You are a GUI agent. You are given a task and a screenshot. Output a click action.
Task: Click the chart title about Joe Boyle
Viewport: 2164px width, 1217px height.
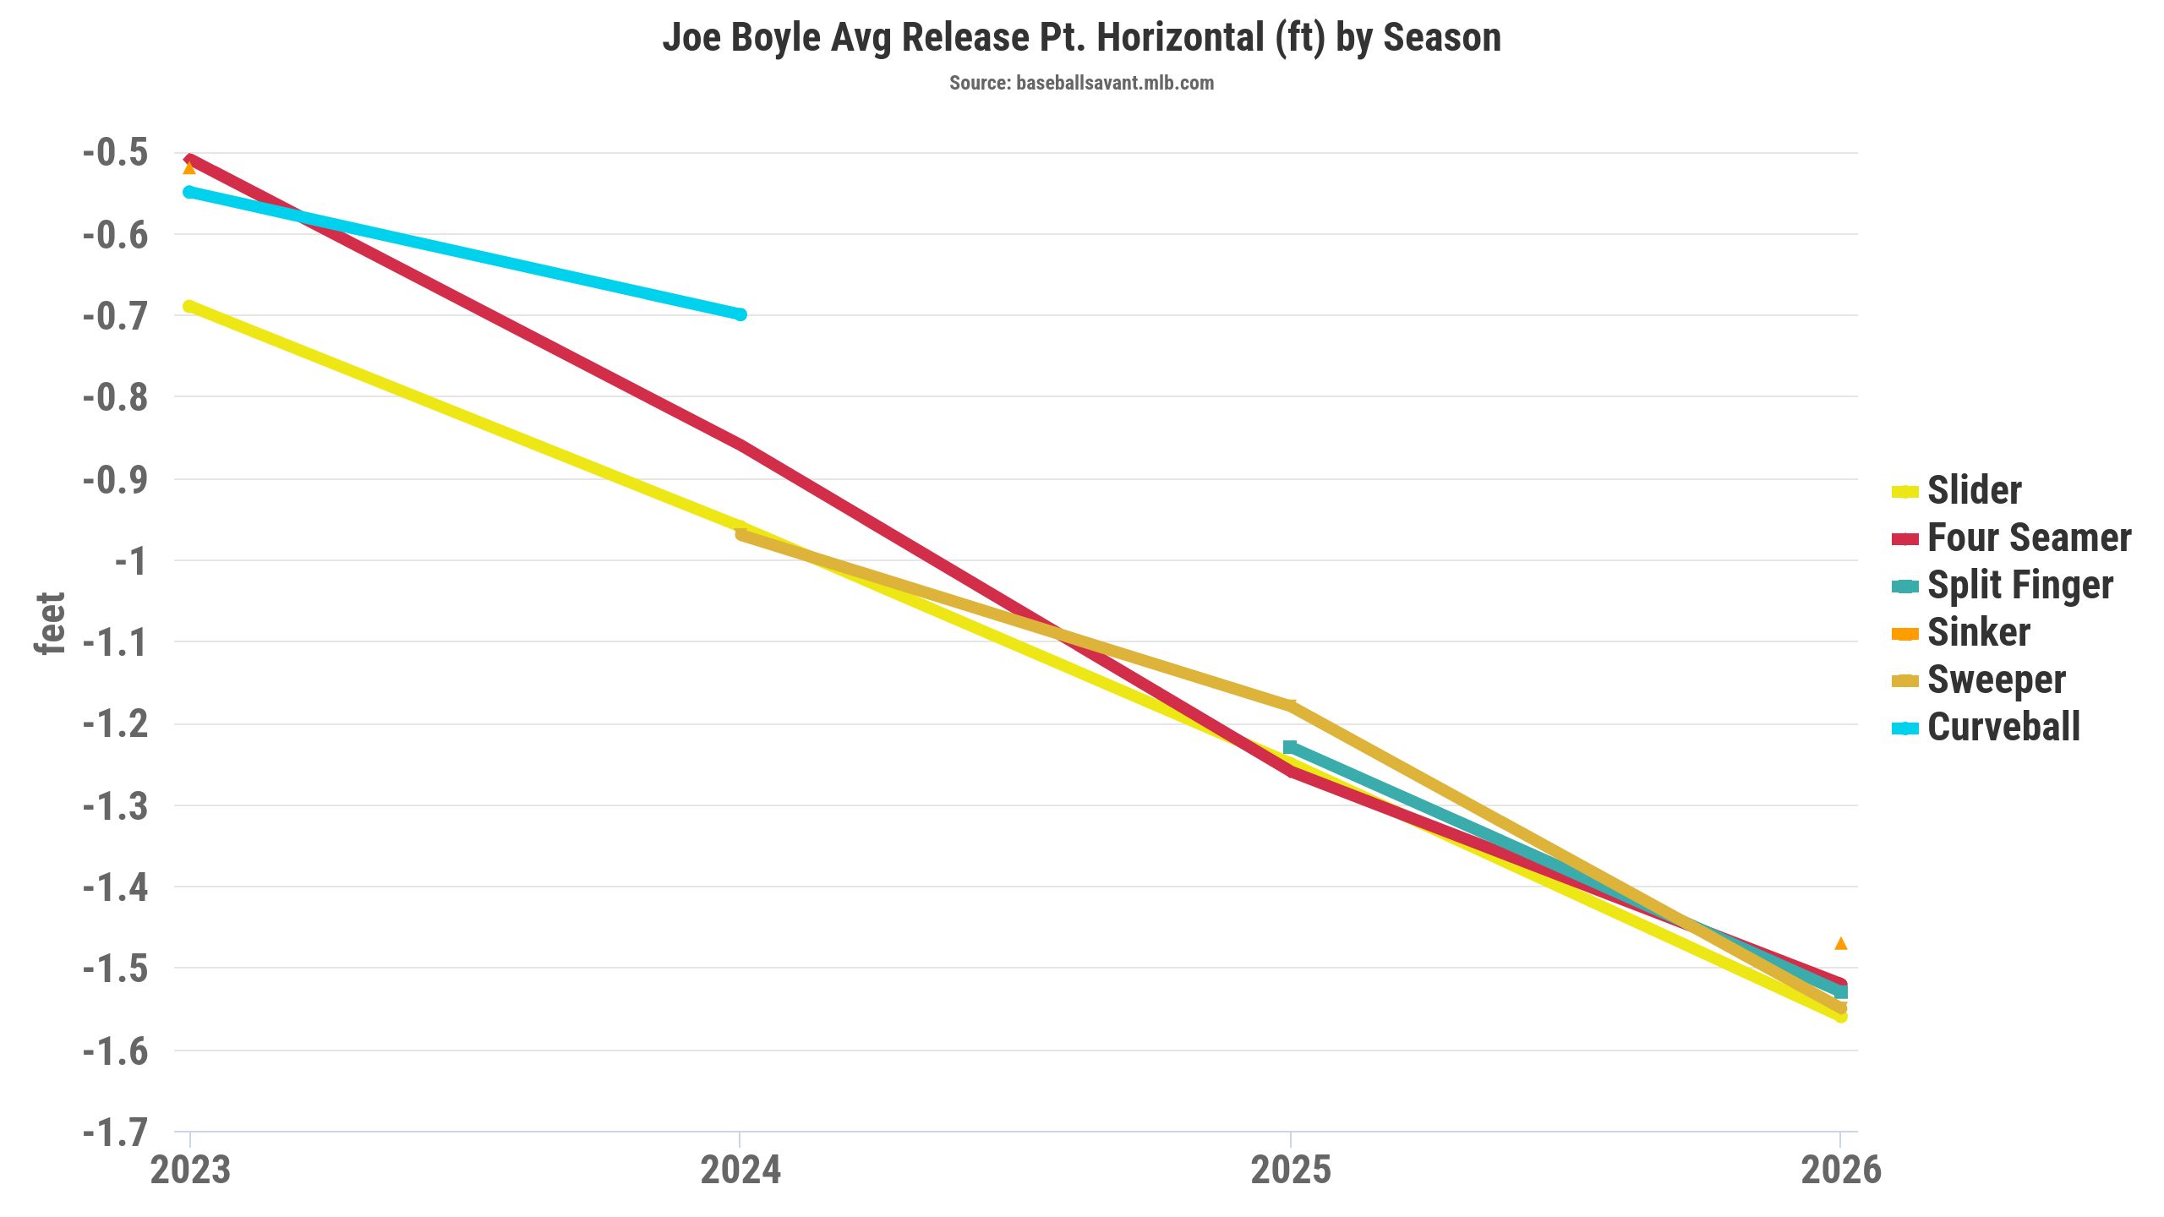pos(1081,38)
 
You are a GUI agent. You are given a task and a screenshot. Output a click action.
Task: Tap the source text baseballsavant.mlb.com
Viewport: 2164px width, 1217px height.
pos(1081,83)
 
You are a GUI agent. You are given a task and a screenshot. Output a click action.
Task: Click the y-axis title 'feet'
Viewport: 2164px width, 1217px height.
pos(50,624)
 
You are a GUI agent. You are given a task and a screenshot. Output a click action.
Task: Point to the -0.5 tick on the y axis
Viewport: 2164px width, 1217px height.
pos(116,153)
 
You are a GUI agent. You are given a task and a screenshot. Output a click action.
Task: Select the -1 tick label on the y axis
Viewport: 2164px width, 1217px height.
pos(130,561)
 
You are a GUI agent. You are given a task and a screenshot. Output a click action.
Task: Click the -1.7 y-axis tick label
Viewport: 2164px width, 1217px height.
pos(116,1132)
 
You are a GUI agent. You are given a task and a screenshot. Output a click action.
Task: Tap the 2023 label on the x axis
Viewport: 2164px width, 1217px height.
pos(190,1171)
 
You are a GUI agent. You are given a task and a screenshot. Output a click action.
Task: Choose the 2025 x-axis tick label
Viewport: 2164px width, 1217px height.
pos(1291,1171)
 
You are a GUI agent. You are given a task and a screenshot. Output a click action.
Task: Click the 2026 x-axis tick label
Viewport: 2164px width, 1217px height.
pos(1841,1171)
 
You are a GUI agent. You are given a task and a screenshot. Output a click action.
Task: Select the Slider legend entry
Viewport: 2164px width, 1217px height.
pos(1974,491)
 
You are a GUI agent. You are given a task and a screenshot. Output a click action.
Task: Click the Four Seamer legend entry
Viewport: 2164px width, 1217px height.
pos(2029,538)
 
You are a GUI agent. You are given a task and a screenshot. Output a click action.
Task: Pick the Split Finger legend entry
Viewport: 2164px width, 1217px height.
pos(2019,586)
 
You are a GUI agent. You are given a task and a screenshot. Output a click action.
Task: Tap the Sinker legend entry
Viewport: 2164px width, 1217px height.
pos(1978,633)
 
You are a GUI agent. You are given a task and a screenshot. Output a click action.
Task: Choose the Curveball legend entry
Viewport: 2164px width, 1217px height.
pos(2003,728)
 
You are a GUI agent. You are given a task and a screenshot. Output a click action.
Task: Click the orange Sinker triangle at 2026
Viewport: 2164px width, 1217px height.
pos(1841,943)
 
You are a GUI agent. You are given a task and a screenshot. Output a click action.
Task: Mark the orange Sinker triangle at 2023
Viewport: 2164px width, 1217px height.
pos(189,168)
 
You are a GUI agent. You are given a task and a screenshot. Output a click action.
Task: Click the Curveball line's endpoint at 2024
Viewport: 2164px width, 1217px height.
pos(740,314)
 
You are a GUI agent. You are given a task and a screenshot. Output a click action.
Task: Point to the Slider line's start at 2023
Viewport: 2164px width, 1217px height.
pos(189,307)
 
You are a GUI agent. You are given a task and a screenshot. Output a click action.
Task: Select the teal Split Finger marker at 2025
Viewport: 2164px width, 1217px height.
pos(1290,747)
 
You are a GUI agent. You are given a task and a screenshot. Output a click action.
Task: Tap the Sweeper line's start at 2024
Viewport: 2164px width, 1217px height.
pos(741,534)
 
